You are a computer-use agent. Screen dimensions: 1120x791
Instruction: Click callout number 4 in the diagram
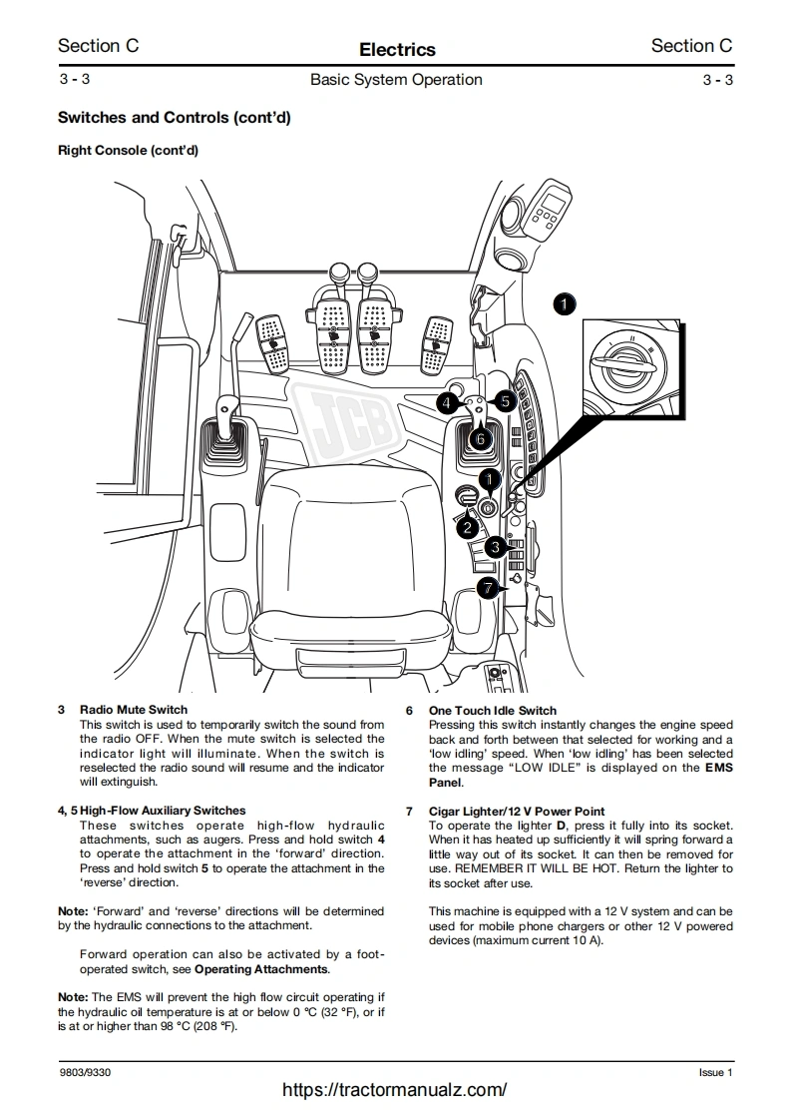pyautogui.click(x=448, y=402)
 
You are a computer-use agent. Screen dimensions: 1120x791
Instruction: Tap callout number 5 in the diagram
pyautogui.click(x=505, y=401)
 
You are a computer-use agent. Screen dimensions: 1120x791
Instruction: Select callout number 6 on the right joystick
pyautogui.click(x=480, y=436)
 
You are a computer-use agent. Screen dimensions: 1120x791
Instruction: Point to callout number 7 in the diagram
pyautogui.click(x=487, y=588)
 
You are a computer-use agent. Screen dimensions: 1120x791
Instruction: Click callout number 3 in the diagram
pyautogui.click(x=495, y=547)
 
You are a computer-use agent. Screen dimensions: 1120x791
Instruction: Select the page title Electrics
pyautogui.click(x=397, y=49)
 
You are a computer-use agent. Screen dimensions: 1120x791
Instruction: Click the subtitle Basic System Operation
pyautogui.click(x=396, y=80)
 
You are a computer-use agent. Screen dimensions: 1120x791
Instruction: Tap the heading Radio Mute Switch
pyautogui.click(x=133, y=711)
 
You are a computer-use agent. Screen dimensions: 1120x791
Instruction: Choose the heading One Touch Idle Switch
pyautogui.click(x=493, y=711)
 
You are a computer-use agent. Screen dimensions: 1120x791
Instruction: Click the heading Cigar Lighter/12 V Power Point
pyautogui.click(x=517, y=812)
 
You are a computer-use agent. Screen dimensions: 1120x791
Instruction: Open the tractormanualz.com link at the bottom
pyautogui.click(x=395, y=1090)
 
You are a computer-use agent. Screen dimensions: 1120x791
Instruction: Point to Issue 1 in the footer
pyautogui.click(x=715, y=1072)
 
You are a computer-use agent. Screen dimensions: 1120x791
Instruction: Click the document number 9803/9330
pyautogui.click(x=85, y=1072)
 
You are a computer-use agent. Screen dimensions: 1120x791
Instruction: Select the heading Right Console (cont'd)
pyautogui.click(x=128, y=151)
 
